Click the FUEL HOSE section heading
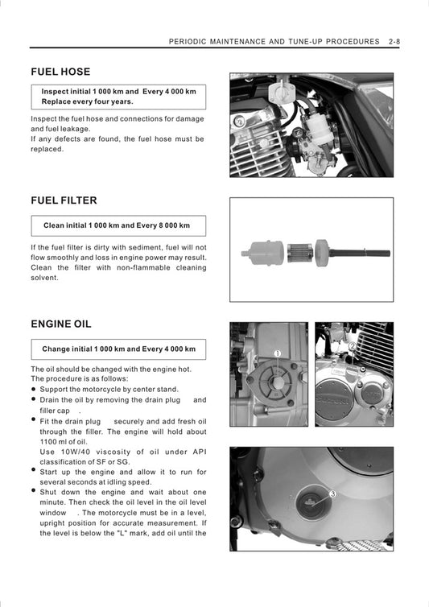coord(60,72)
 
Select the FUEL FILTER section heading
coord(64,200)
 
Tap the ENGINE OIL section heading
coord(61,324)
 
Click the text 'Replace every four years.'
coord(88,102)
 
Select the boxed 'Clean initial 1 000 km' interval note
coord(117,225)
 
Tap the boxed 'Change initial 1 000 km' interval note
coord(118,349)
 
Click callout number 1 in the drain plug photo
coord(277,353)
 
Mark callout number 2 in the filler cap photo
coord(353,347)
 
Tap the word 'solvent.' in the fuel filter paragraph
coord(44,278)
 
